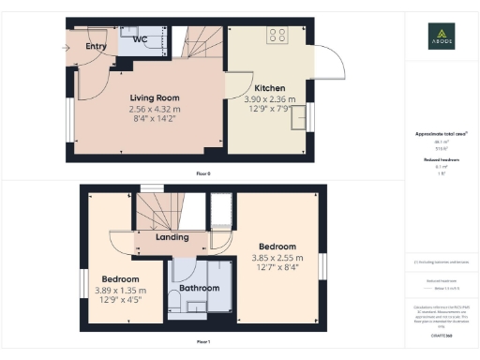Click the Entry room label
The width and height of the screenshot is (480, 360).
96,46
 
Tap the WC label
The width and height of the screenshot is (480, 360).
140,40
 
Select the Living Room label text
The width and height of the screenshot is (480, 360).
154,98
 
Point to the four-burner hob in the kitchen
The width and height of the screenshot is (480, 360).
277,36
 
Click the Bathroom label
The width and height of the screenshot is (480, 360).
200,288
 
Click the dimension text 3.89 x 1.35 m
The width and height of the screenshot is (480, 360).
121,291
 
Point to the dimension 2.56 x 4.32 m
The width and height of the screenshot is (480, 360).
154,109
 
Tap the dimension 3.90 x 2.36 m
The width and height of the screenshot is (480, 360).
269,99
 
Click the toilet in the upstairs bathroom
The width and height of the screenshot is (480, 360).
177,303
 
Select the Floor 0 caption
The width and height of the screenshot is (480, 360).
202,173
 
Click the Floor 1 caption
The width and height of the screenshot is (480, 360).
202,342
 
